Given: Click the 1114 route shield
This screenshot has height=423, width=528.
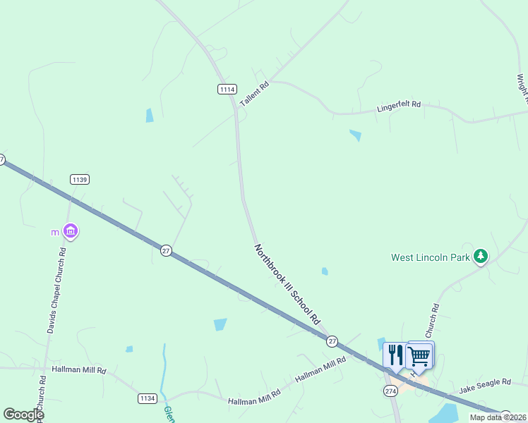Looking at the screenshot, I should [227, 89].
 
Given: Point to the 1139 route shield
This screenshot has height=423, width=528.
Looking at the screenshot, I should [80, 180].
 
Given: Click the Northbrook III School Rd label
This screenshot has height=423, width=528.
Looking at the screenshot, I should [287, 284].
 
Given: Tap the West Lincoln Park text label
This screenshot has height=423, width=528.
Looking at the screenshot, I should [431, 257].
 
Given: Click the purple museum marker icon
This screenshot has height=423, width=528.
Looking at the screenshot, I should [70, 231].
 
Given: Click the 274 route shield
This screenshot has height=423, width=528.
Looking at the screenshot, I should [390, 391].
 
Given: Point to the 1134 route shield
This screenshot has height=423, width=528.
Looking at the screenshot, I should [147, 399].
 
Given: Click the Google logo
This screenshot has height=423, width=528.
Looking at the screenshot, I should [23, 415].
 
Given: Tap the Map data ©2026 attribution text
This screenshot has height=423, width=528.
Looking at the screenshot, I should [498, 417].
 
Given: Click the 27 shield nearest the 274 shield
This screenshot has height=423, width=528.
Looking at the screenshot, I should [332, 341].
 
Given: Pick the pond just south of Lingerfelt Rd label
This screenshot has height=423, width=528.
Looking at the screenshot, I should [355, 135].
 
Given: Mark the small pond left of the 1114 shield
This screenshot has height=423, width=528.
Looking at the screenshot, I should [150, 115].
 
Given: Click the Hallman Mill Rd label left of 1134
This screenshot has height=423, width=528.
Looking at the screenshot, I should [78, 369].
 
